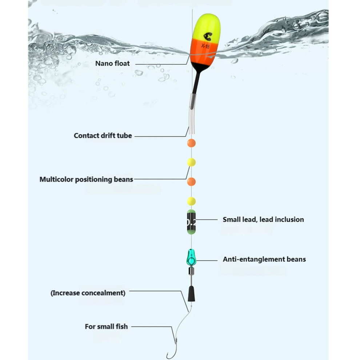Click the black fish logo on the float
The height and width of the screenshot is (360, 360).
pos(208,36)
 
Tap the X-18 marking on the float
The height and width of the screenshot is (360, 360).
pos(205,46)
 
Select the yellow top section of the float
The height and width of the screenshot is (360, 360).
pos(207,27)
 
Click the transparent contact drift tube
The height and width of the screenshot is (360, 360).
pos(192,114)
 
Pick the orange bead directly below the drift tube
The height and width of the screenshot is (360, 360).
pos(191,143)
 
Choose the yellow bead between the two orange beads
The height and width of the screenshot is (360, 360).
pos(191,162)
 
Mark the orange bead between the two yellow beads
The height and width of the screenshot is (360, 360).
pos(191,181)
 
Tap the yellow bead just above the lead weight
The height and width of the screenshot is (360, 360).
pos(191,201)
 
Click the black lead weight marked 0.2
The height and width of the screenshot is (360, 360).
pos(191,222)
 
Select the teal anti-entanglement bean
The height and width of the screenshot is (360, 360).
pos(191,257)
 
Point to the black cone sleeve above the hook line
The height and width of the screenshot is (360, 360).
pos(192,294)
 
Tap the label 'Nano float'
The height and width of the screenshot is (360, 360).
pos(112,63)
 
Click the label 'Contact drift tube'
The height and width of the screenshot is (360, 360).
pos(103,136)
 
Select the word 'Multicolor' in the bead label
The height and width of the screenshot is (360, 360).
pos(56,179)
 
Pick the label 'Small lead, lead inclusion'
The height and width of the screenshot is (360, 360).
pos(263,220)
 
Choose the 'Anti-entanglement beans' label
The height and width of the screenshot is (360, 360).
pos(264,259)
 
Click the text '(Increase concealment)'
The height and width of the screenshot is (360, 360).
pos(88,293)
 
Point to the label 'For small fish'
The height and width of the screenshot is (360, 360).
pos(106,327)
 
